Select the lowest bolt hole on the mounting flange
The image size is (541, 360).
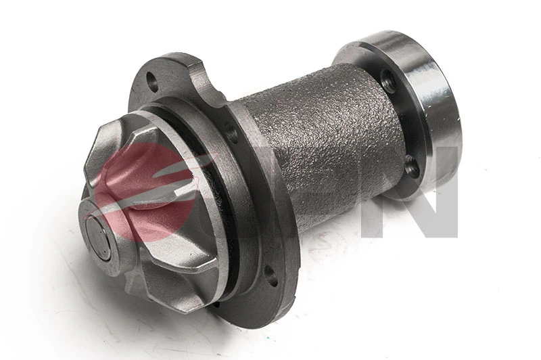pos(270,275)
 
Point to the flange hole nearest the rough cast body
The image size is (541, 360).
pos(233,133)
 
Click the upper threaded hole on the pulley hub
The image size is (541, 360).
pos(388,81)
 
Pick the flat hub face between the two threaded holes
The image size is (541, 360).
pos(399,122)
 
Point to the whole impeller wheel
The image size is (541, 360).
pos(149,210)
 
